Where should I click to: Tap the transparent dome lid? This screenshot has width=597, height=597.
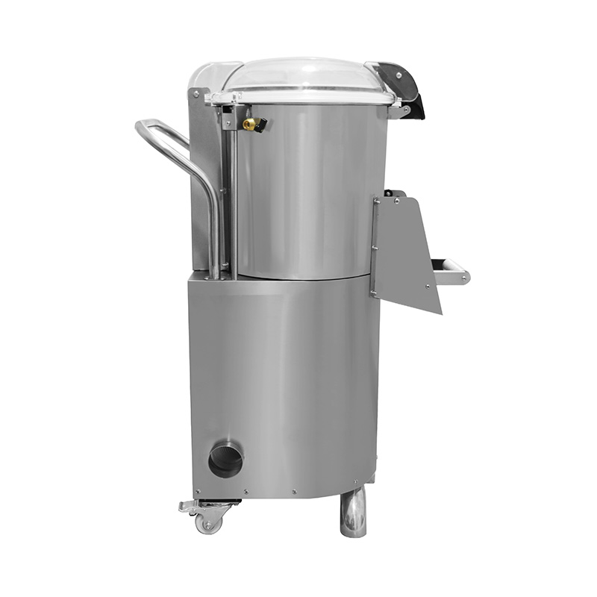[x=306, y=75]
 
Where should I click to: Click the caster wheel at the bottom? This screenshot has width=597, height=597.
[x=208, y=523]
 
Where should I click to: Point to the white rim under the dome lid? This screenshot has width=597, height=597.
[x=298, y=98]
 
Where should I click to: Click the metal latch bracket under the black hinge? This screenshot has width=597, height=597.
[x=404, y=111]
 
